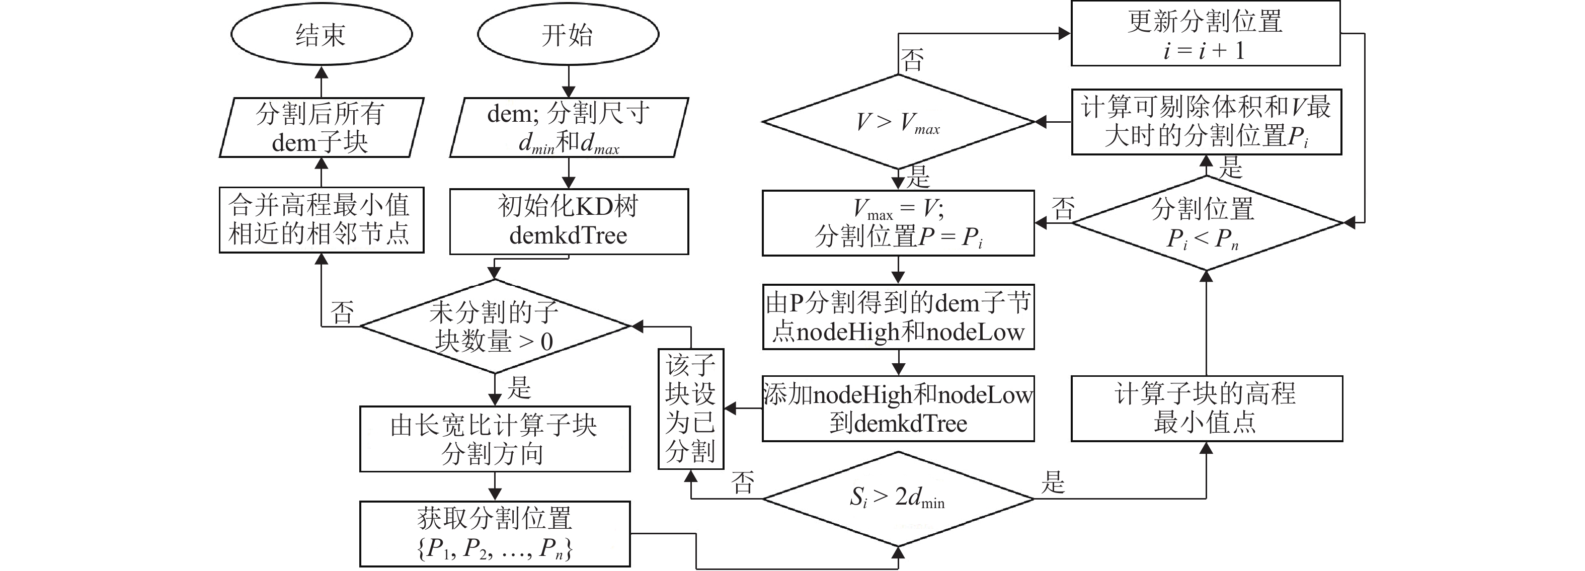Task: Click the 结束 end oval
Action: (x=321, y=34)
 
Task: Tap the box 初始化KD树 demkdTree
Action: (x=569, y=221)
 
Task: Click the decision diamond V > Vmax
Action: (x=898, y=122)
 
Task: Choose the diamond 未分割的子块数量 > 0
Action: (x=495, y=326)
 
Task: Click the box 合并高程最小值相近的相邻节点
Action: (x=321, y=220)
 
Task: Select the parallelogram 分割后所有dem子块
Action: (x=321, y=127)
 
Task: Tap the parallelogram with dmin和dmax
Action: (x=569, y=127)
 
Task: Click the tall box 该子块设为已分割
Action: (x=690, y=409)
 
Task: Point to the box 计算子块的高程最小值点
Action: (x=1206, y=409)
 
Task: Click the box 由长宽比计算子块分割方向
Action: (x=495, y=439)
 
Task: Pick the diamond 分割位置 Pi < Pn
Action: (x=1206, y=223)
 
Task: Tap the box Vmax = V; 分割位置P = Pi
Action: (x=898, y=223)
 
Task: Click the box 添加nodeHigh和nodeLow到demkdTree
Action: (x=898, y=409)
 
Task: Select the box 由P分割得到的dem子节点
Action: (x=898, y=317)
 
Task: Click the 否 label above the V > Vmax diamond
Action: (x=912, y=60)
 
